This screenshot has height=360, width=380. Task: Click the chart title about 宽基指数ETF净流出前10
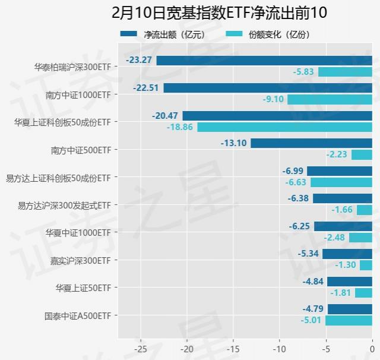tap(219, 12)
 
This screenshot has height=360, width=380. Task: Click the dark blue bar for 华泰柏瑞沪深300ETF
tap(264, 60)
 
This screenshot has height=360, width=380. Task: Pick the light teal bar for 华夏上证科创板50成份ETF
tap(284, 127)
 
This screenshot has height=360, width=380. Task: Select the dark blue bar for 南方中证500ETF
tap(311, 143)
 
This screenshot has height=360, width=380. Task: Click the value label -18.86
tap(180, 127)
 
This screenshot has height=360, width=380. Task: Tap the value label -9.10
tap(273, 99)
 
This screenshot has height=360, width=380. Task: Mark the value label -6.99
tap(293, 171)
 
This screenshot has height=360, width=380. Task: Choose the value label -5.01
tap(311, 320)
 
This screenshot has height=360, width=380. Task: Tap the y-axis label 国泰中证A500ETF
tap(78, 315)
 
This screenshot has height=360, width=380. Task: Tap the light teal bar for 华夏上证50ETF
tap(363, 293)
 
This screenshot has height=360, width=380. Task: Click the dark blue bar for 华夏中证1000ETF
tap(343, 226)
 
